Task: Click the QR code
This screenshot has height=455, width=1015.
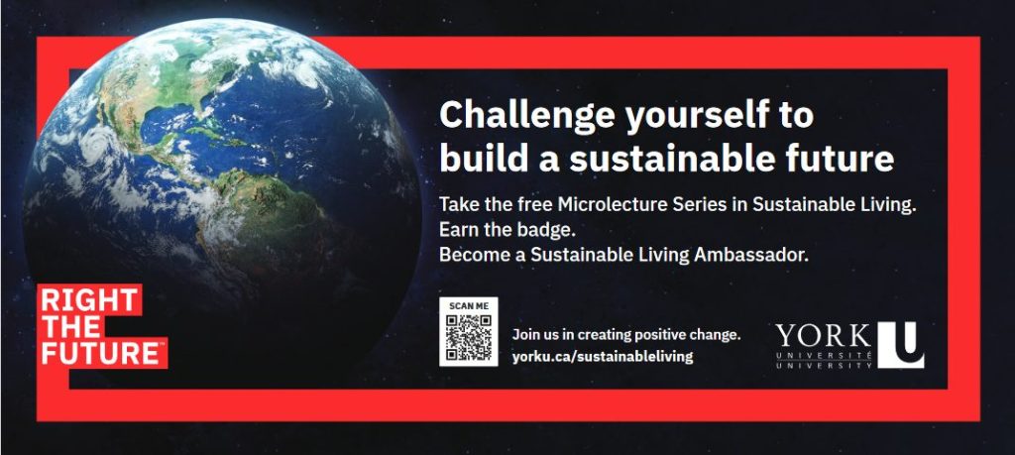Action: click(469, 337)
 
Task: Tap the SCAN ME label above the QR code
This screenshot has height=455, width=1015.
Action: click(469, 305)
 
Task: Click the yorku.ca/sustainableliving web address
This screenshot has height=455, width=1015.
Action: click(603, 356)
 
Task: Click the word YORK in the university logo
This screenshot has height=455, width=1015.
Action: click(823, 337)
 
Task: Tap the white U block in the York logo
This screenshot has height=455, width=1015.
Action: click(900, 345)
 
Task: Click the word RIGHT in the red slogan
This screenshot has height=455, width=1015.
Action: click(88, 300)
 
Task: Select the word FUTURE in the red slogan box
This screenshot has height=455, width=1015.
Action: click(101, 354)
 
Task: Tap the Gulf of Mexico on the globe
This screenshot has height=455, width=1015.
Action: click(166, 124)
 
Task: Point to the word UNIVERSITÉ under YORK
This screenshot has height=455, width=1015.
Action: click(823, 357)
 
